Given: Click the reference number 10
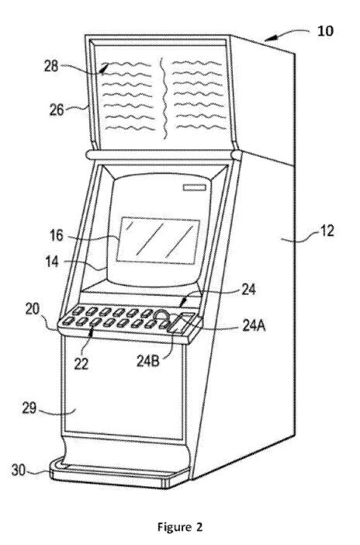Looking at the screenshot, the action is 325,31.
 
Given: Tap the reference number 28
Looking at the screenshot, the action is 51,66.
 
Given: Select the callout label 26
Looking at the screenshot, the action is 57,109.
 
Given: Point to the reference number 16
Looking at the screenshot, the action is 57,236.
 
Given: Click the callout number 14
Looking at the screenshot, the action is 53,262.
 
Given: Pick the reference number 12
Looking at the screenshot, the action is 326,231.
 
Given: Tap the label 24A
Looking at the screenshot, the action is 254,326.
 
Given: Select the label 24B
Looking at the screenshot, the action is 147,362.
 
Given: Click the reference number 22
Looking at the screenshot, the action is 81,364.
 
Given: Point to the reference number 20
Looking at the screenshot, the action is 33,309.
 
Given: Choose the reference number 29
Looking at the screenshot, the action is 29,408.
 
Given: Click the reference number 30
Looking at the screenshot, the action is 19,470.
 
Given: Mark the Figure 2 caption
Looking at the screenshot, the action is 180,527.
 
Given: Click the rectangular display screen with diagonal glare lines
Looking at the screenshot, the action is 157,241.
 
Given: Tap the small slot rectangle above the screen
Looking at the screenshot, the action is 195,188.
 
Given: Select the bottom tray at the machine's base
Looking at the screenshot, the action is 120,474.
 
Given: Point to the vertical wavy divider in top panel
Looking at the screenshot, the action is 164,99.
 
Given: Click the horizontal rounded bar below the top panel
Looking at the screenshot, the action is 164,155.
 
